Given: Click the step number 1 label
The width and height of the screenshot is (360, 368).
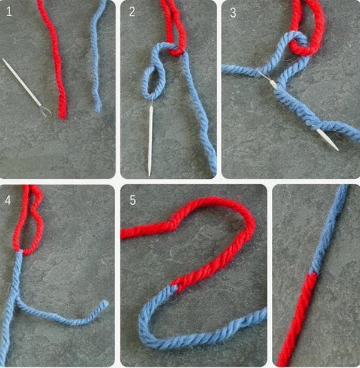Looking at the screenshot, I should [9, 12].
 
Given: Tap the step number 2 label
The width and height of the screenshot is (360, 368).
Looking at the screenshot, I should [132, 12].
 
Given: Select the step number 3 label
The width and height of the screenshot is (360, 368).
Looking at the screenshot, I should [233, 13].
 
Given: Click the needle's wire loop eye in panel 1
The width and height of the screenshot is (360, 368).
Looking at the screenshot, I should [45, 110].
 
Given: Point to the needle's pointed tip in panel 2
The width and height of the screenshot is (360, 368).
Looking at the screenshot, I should [149, 173].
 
